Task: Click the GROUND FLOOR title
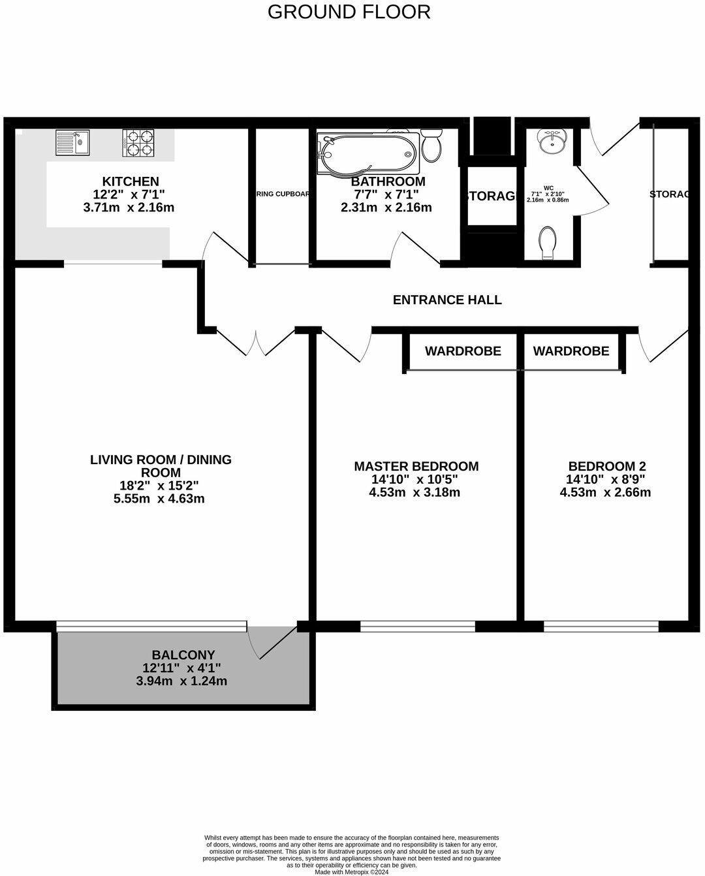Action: [349, 12]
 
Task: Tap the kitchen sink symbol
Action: [72, 143]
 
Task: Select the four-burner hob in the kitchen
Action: [140, 143]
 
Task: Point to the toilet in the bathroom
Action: [431, 146]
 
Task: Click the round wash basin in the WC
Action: [552, 140]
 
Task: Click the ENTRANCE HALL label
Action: [447, 300]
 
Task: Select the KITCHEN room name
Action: [130, 181]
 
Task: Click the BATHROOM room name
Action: [388, 181]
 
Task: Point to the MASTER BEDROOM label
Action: [416, 466]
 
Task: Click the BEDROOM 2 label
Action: [606, 466]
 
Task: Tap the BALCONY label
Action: [183, 655]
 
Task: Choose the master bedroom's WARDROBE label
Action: [463, 351]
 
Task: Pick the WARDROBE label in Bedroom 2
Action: [571, 351]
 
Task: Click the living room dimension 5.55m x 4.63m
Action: [160, 499]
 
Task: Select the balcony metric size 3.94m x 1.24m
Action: [181, 681]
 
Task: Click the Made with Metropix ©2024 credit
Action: [351, 871]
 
